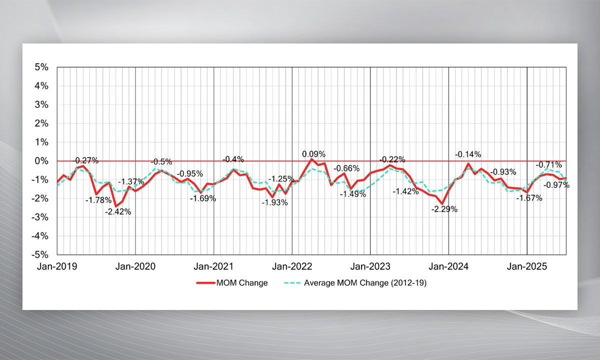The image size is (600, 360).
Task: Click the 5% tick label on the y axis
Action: point(41,67)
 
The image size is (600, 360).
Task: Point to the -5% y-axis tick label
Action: point(40,254)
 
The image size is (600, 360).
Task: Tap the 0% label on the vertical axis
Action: point(41,161)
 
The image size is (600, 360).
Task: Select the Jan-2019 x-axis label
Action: point(57,266)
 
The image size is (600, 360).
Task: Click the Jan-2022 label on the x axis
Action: point(291,266)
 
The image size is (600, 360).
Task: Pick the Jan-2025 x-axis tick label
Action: point(527,266)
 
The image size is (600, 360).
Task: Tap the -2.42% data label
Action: point(118,211)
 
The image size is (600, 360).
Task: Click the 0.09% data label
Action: point(313,154)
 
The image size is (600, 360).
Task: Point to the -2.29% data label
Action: point(444,209)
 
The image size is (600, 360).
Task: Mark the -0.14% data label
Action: point(468,154)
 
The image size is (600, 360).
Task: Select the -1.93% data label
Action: point(274,202)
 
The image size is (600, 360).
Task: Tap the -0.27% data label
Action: point(86,160)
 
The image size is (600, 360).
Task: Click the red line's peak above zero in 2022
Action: point(311,159)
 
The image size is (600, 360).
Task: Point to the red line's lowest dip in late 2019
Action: point(115,206)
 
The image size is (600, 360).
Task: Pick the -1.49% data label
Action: point(352,194)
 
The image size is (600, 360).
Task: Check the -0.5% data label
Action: point(161,161)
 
